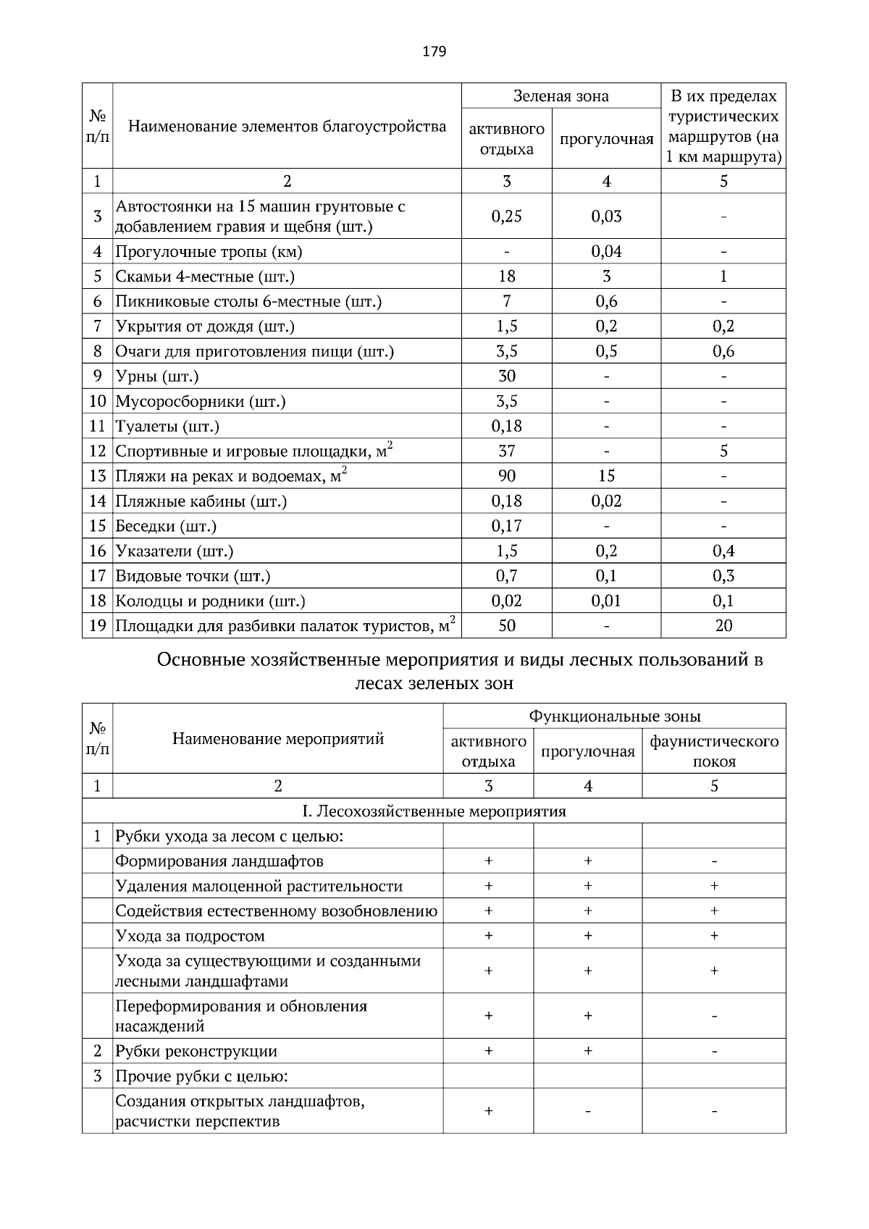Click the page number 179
click(x=434, y=51)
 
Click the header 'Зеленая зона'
click(x=561, y=96)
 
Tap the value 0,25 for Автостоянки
click(x=506, y=216)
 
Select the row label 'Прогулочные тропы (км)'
click(x=209, y=252)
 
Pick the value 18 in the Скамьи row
click(x=506, y=276)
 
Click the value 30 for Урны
click(x=506, y=376)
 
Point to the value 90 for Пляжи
click(x=506, y=476)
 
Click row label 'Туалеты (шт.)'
click(x=167, y=426)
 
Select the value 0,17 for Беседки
click(x=506, y=526)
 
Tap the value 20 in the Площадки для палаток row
click(x=723, y=626)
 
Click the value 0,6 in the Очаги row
click(x=723, y=352)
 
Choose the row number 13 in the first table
click(x=97, y=476)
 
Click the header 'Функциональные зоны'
click(x=614, y=717)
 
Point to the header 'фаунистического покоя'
click(x=714, y=751)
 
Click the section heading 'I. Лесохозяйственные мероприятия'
click(x=433, y=811)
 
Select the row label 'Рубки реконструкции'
click(x=196, y=1052)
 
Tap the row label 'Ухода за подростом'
click(x=190, y=937)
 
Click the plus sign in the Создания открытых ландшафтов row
click(x=488, y=1111)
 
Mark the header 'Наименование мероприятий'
click(x=277, y=739)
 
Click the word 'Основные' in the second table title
click(x=200, y=660)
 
